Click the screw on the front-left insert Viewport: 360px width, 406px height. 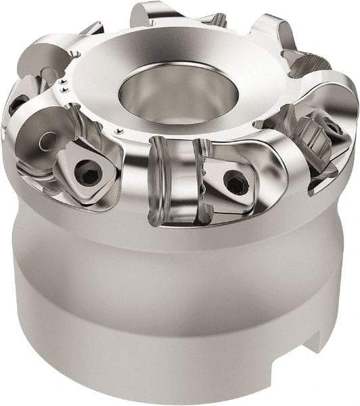pos(88,173)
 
